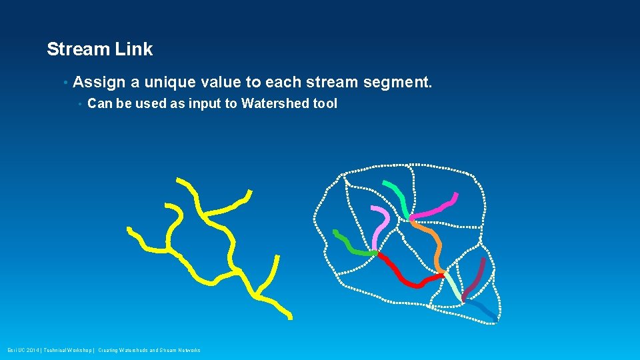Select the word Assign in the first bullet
tap(100, 83)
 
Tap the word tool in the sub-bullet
tap(325, 103)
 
